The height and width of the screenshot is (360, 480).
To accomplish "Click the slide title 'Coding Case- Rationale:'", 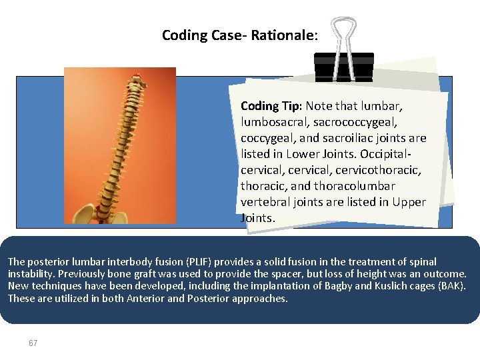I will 239,35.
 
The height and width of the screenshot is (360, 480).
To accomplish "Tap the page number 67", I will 33,343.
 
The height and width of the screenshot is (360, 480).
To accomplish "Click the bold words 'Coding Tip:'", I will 271,106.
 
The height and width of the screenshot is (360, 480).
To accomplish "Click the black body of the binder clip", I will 343,67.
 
